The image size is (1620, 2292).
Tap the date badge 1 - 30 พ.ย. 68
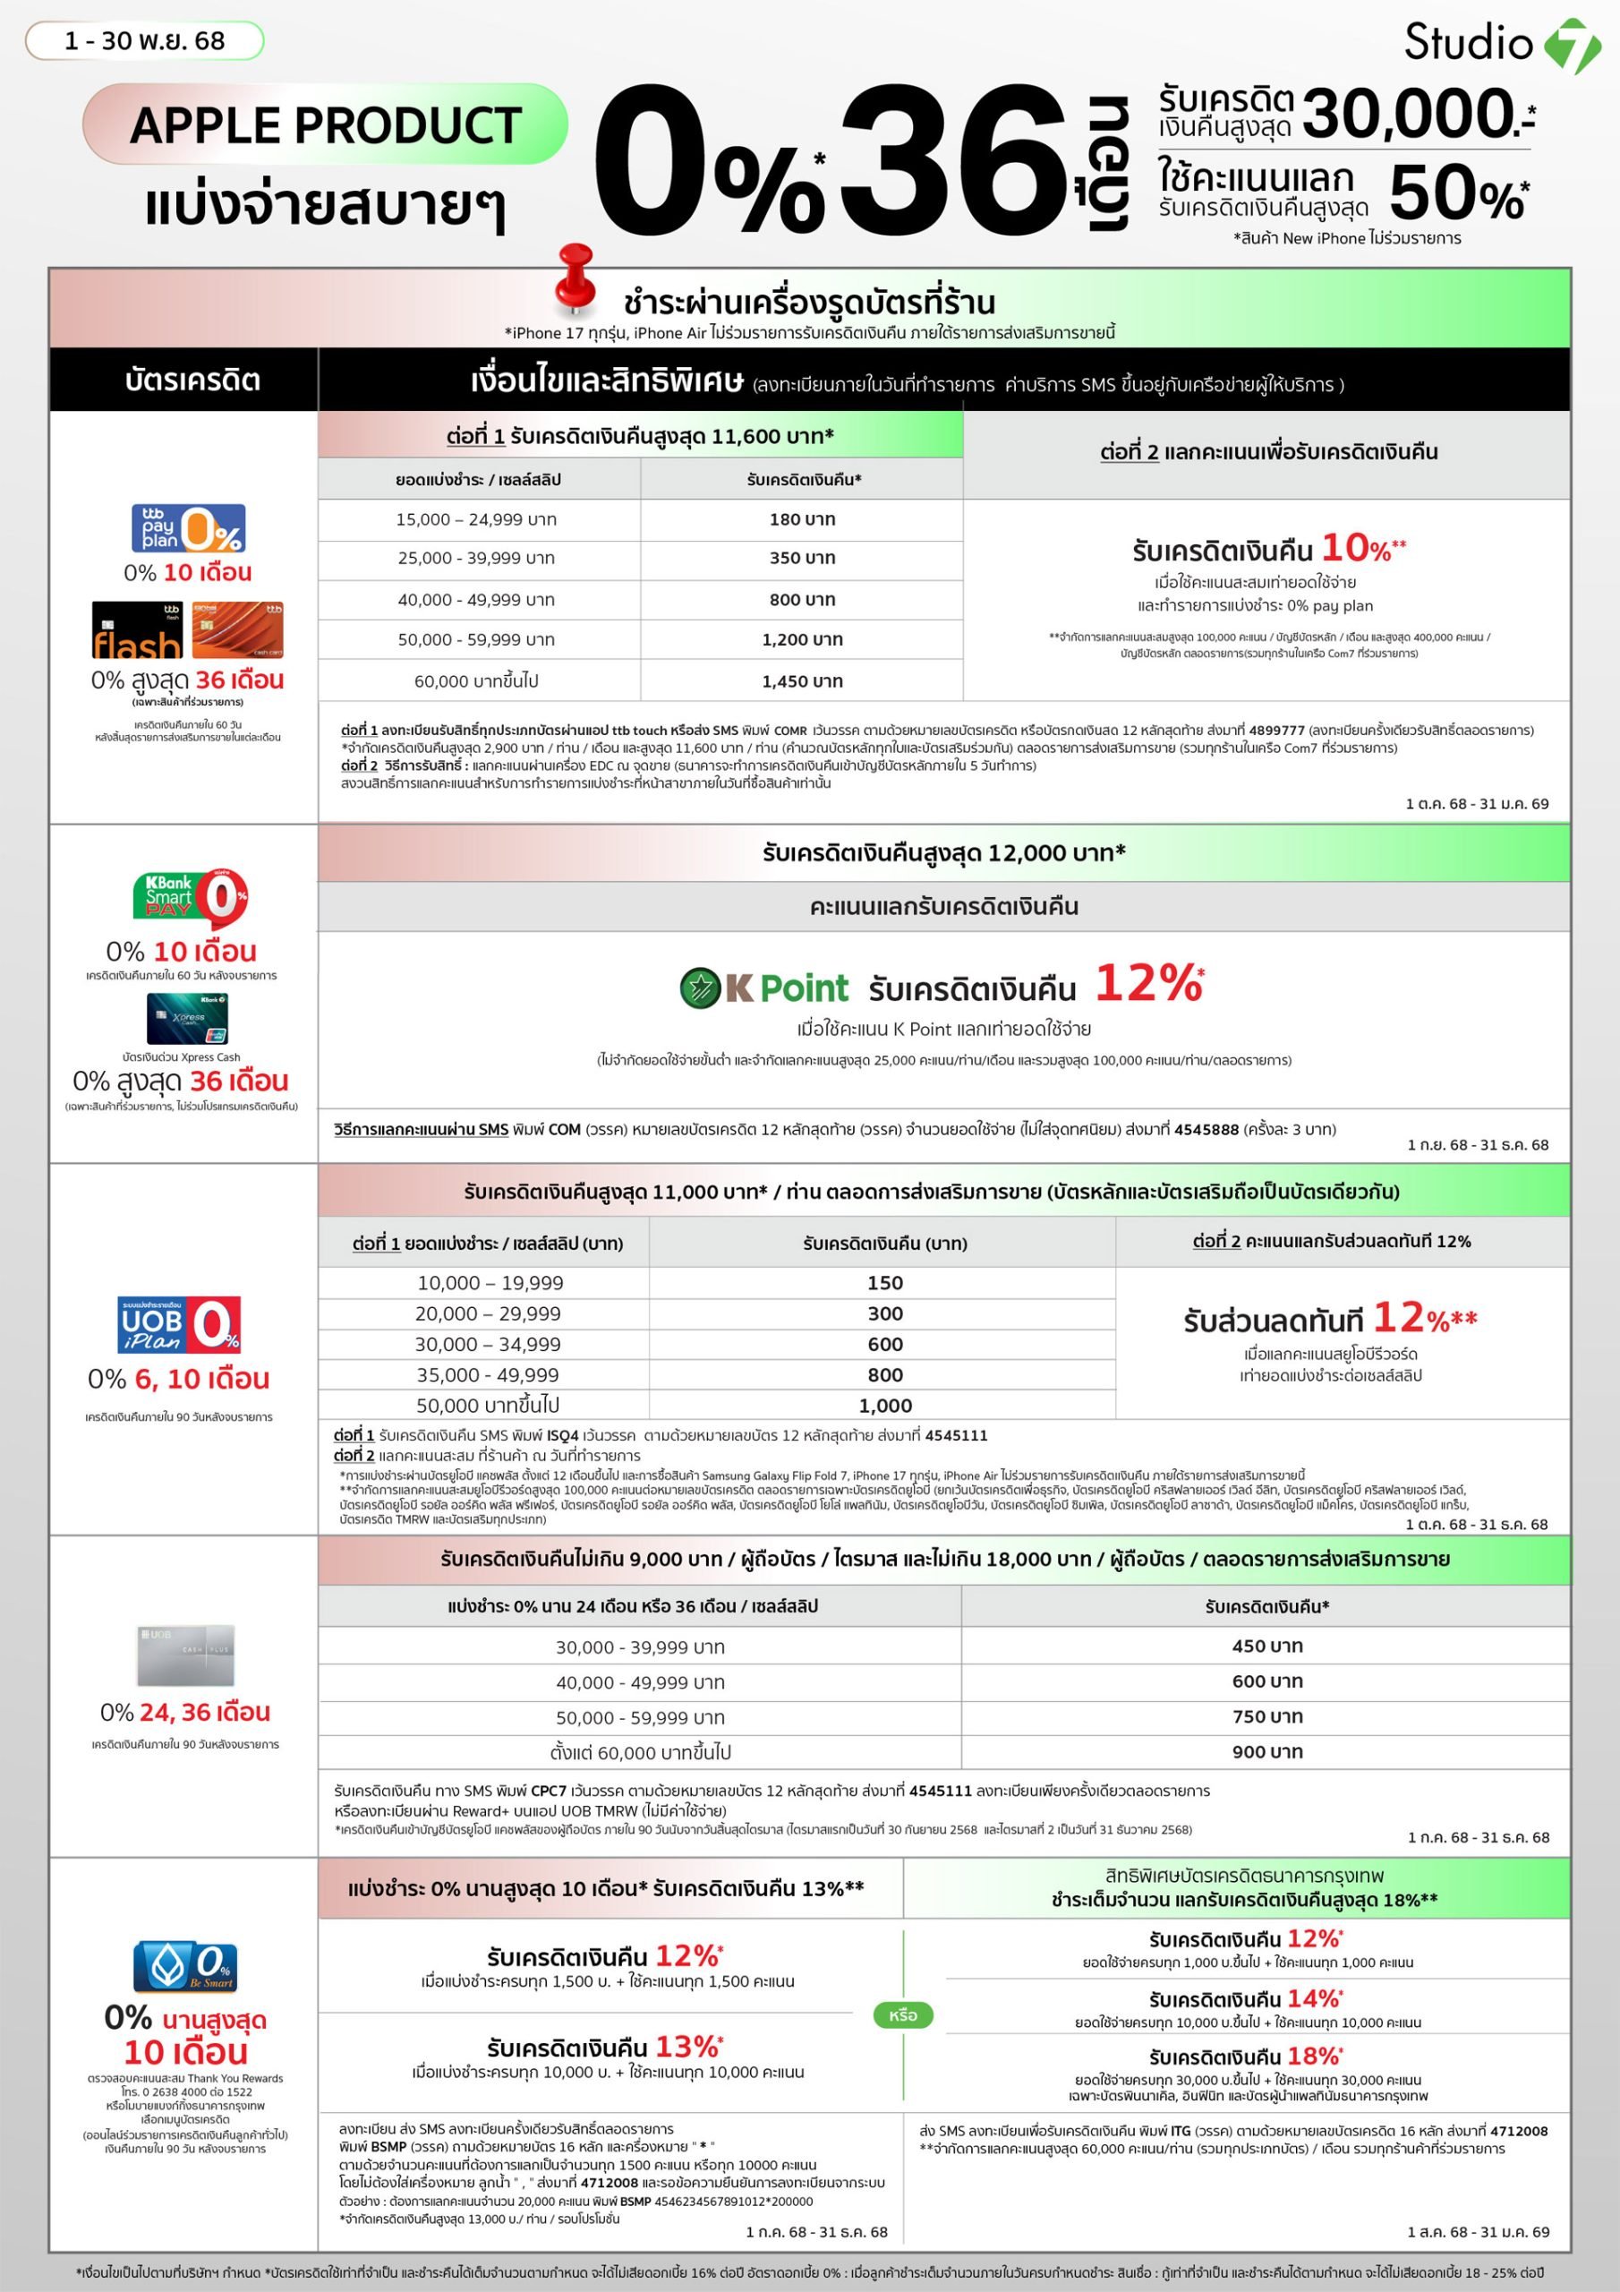point(145,41)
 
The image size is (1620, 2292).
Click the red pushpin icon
point(575,278)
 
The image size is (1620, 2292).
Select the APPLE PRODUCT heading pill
point(326,124)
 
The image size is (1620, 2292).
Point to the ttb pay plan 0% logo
point(189,528)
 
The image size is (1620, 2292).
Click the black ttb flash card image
point(137,630)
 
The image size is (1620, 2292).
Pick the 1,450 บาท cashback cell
point(802,680)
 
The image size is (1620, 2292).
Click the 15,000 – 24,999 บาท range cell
point(476,519)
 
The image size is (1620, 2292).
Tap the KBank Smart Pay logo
point(190,896)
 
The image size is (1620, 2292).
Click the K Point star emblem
point(700,988)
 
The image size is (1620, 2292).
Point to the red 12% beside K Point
point(1148,983)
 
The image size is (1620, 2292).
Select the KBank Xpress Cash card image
point(187,1019)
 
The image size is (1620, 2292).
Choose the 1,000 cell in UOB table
point(884,1406)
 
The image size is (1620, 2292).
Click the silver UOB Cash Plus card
point(185,1655)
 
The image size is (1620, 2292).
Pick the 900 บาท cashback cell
point(1266,1751)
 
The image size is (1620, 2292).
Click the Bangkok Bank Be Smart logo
point(184,1967)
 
